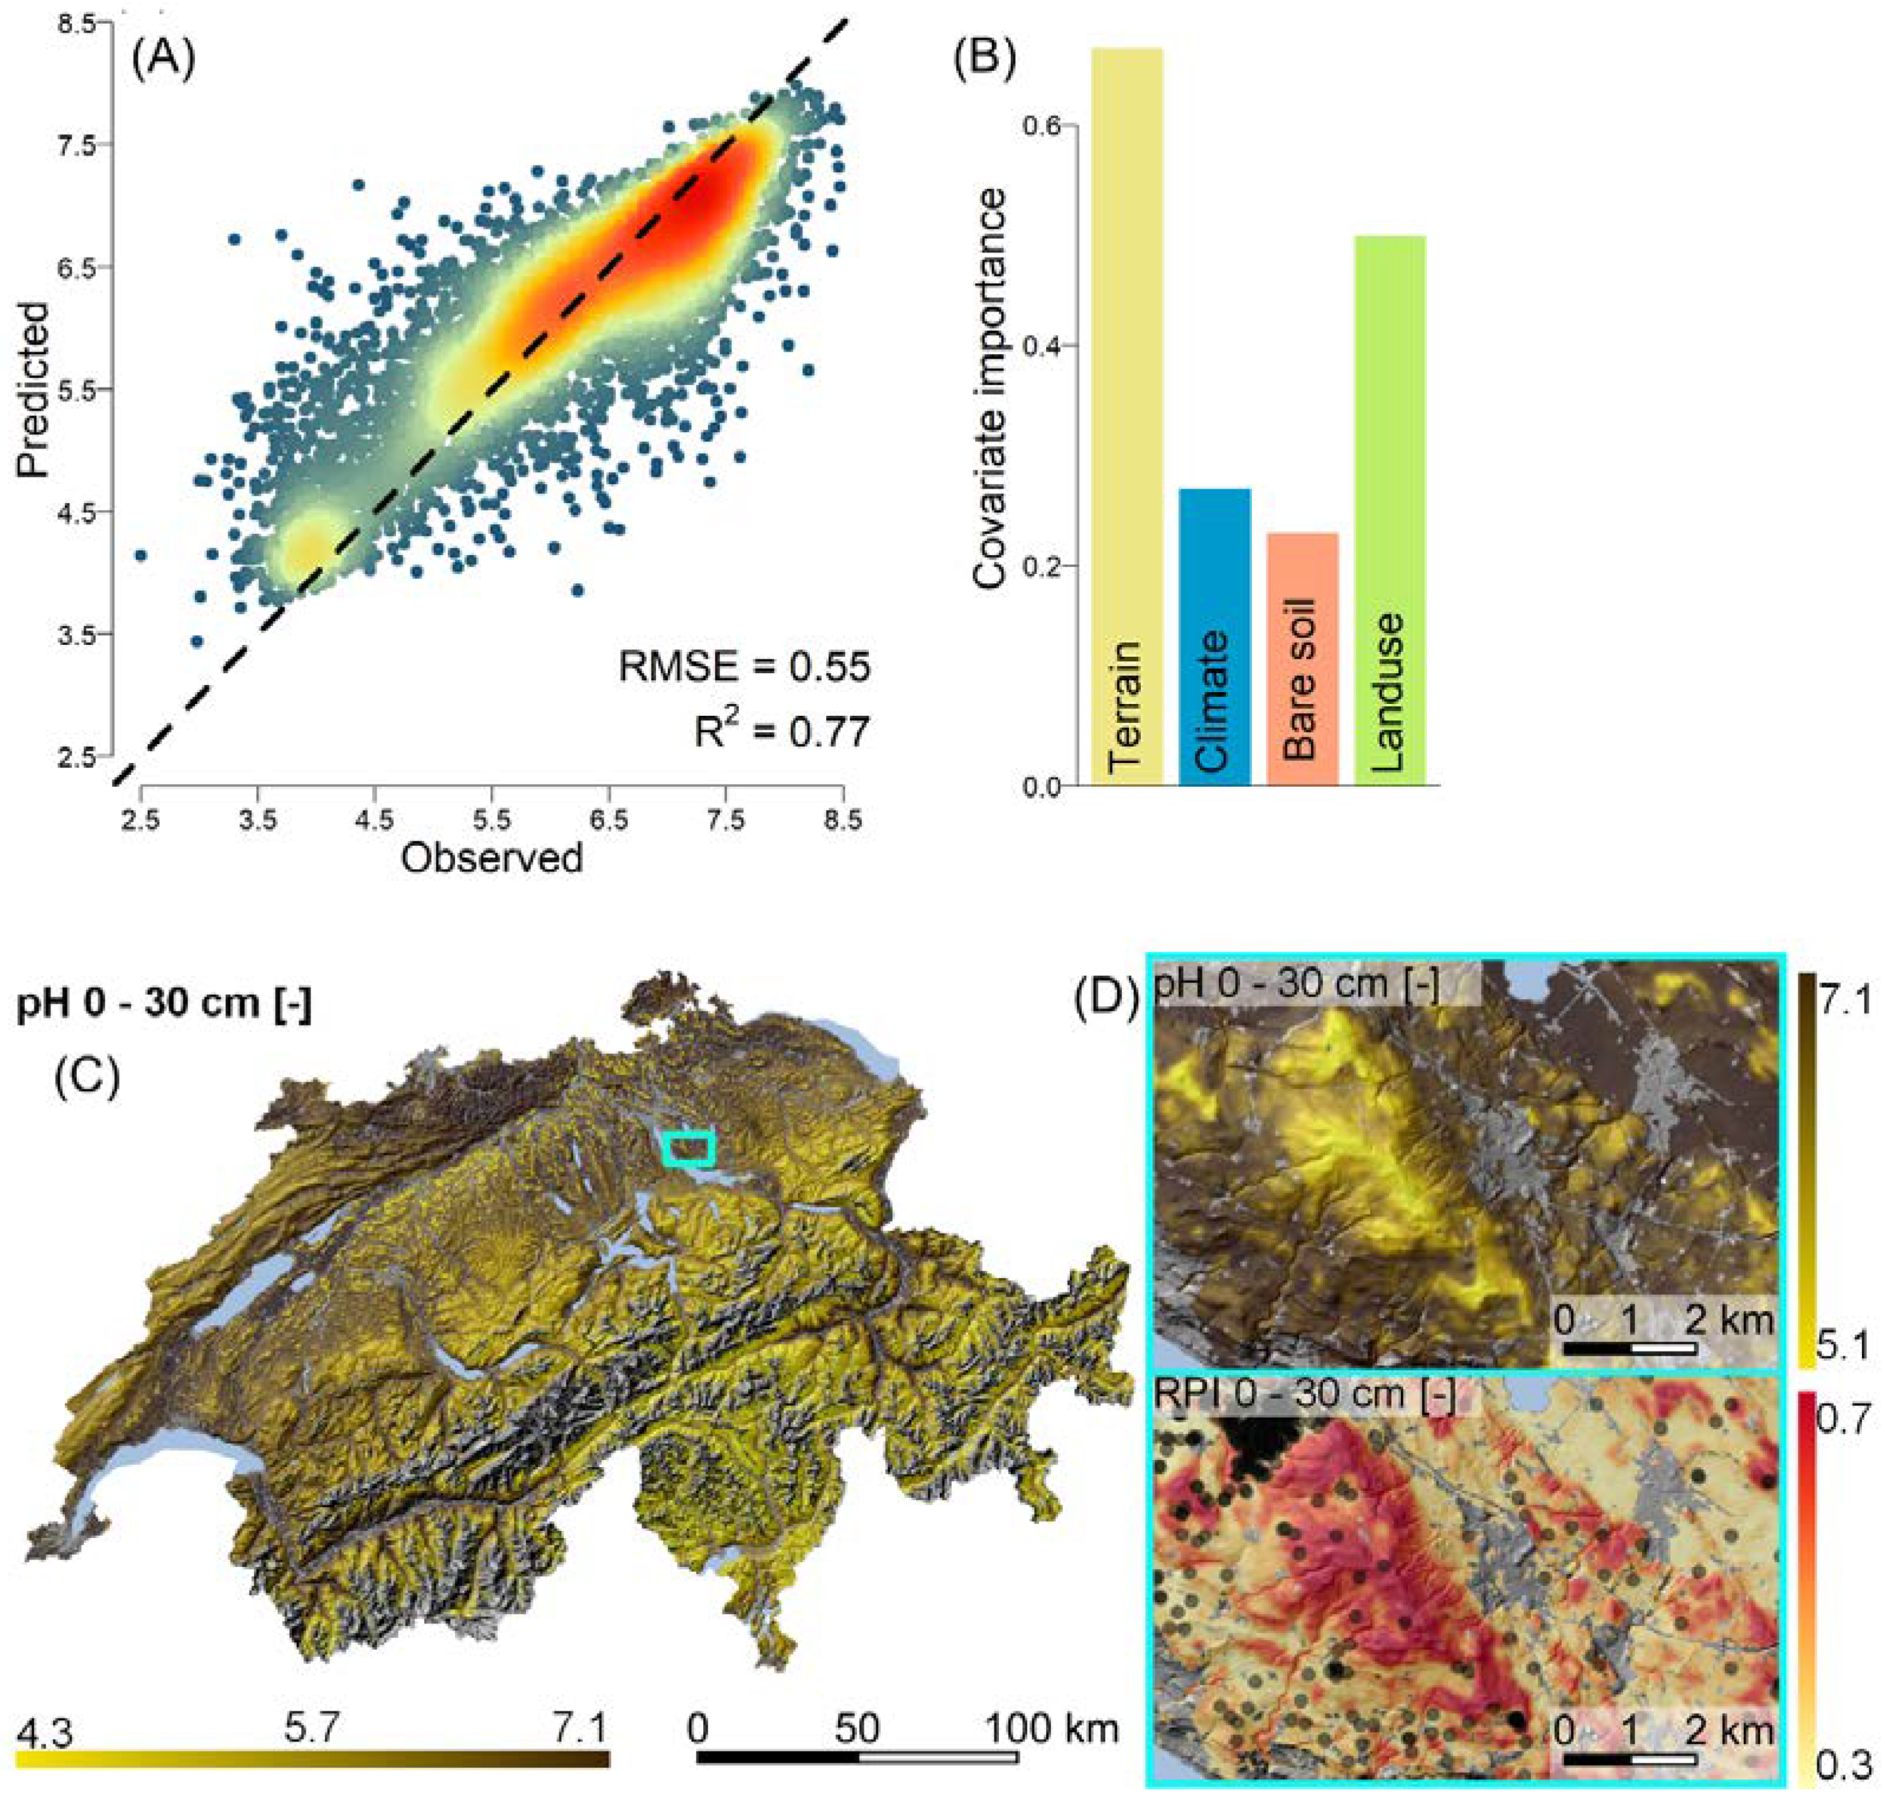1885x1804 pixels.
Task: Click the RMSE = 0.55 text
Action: click(743, 667)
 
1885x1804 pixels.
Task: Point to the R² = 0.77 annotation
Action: click(781, 732)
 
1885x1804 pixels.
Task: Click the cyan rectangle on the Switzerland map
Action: click(688, 1148)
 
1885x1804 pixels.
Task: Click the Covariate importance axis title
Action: click(990, 389)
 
